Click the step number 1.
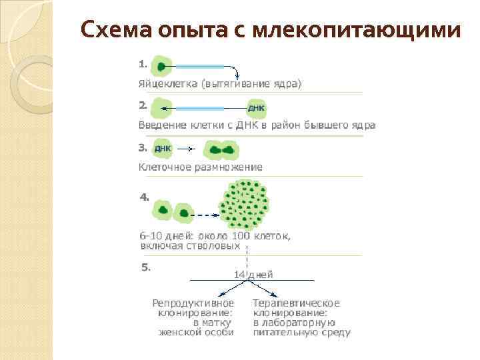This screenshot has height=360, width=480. (x=142, y=64)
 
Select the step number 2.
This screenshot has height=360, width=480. (x=143, y=105)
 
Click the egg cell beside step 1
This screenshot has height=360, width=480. (x=162, y=67)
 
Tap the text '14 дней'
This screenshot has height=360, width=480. (x=253, y=274)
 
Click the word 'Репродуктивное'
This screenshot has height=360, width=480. (x=193, y=303)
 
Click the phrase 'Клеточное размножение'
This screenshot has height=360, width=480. (x=200, y=167)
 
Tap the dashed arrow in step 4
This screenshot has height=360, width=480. (x=207, y=215)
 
